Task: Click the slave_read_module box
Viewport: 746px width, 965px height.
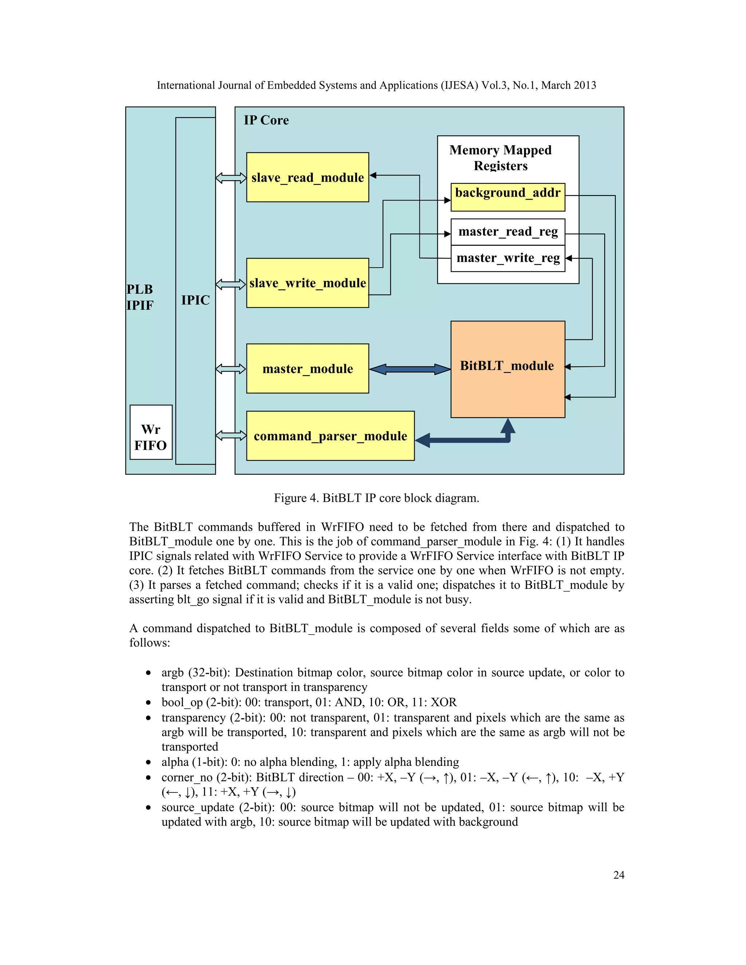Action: tap(307, 177)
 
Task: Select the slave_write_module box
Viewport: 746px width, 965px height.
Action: tap(307, 283)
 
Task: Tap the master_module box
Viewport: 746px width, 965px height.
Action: tap(307, 369)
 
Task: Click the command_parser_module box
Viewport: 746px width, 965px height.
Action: tap(330, 436)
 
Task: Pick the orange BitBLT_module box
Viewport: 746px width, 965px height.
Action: tap(507, 369)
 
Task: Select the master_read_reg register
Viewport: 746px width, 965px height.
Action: tap(507, 232)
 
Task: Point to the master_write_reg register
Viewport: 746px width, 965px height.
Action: tap(507, 258)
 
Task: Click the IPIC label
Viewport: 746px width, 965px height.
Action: tap(195, 300)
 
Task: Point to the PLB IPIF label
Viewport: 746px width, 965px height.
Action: tap(140, 297)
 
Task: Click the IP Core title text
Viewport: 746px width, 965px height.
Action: tap(266, 120)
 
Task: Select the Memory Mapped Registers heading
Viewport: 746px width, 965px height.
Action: tap(500, 158)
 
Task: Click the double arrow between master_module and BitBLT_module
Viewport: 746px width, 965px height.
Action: tap(410, 369)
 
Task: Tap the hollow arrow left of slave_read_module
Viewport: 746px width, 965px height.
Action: tap(231, 178)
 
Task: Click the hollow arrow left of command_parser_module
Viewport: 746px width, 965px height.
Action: tap(231, 436)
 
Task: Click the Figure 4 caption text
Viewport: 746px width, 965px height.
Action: tap(376, 498)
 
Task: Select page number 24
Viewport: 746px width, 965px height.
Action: tap(619, 875)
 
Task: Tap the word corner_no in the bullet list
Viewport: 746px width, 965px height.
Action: tap(186, 777)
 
